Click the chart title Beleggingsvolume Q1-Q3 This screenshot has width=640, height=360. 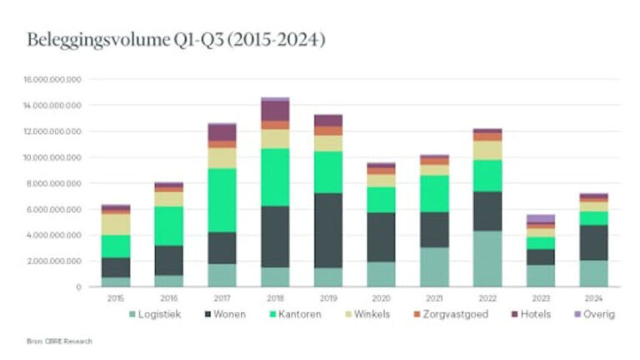point(176,40)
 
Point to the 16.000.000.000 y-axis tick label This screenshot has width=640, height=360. point(53,80)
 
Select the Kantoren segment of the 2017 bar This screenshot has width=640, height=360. point(222,200)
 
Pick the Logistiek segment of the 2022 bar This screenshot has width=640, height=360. point(487,258)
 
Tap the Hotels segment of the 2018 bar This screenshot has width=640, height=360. point(275,110)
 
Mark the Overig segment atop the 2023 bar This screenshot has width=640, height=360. point(540,218)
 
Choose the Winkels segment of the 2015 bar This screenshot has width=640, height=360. point(117,224)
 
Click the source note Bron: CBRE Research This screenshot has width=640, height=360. point(60,341)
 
